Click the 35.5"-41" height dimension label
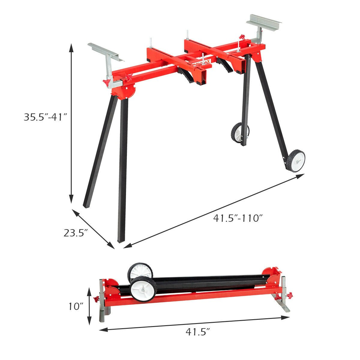[x=45, y=117]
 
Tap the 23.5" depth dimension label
[x=75, y=233]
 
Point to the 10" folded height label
[x=75, y=306]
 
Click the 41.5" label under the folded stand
[x=197, y=332]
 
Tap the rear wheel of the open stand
[x=240, y=133]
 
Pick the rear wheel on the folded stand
[x=140, y=271]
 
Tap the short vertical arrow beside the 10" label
[x=89, y=306]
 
